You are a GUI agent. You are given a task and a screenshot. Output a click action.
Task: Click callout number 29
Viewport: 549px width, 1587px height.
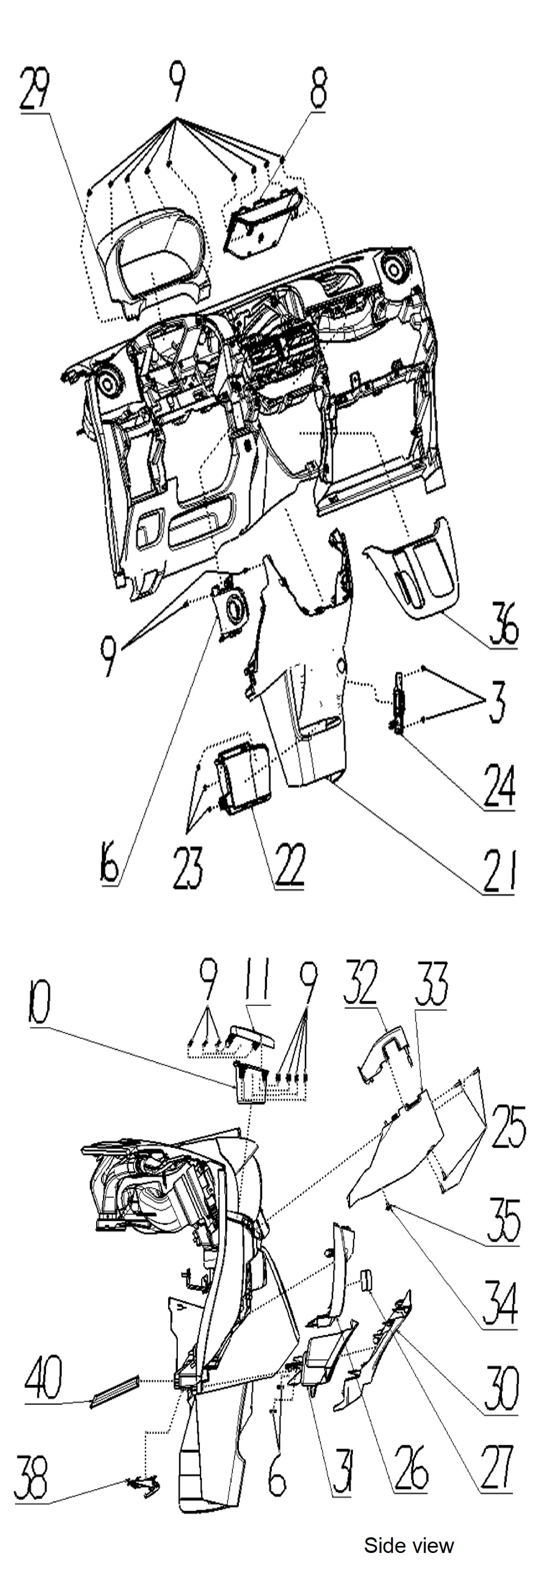coord(35,90)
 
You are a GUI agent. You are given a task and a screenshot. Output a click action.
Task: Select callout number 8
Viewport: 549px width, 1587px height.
coord(317,90)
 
